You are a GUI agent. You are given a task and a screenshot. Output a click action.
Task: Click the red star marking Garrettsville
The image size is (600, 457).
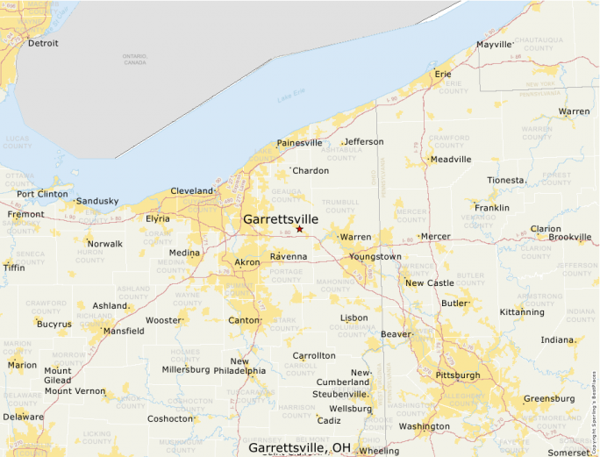click(299, 229)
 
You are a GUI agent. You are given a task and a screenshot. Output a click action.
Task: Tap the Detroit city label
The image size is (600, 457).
click(43, 43)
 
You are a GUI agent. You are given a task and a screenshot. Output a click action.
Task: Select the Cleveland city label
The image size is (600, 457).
click(191, 190)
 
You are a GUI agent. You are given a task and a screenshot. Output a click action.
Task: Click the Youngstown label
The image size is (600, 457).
click(375, 257)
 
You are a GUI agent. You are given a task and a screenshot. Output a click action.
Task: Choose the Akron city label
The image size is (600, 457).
click(246, 262)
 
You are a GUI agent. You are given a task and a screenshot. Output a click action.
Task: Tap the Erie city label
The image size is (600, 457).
click(443, 75)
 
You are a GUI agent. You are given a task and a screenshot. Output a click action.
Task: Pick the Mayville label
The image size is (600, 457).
click(493, 45)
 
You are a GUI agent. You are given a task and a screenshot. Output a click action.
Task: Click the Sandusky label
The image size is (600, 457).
click(96, 201)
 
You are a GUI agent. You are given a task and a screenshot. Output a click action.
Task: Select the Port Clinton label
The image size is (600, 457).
click(42, 194)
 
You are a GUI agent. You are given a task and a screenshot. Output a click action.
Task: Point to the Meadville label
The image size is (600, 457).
click(451, 159)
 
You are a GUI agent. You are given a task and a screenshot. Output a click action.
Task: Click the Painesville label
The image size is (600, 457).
click(299, 143)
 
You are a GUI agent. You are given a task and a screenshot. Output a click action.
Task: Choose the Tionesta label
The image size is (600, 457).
click(505, 180)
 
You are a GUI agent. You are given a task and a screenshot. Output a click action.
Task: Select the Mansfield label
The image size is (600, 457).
click(124, 332)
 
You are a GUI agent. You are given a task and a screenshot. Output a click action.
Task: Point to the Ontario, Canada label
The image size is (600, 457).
click(135, 60)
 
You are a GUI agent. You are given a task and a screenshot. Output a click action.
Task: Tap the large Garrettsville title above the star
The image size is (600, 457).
click(281, 218)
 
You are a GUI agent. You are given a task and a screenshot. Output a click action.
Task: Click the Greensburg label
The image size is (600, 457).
click(549, 398)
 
